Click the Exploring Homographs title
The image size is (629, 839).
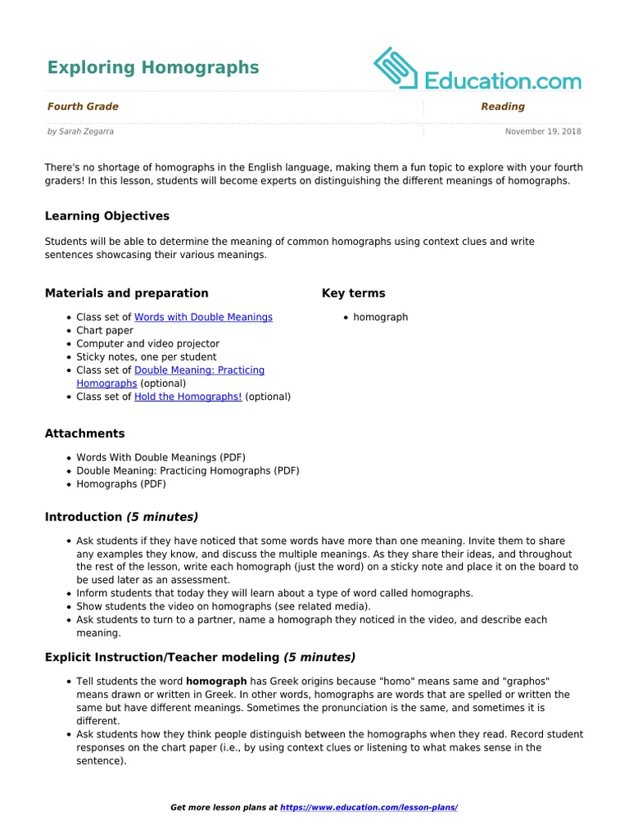152,67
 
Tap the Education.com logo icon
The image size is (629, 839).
396,68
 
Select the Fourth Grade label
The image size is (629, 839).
83,107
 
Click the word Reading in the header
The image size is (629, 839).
502,107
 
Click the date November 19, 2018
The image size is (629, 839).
542,131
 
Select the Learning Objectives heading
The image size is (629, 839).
107,216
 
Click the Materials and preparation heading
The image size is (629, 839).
126,293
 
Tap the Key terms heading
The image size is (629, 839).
353,293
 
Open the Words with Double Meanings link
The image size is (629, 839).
203,317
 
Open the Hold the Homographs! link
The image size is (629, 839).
188,397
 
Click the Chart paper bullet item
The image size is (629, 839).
105,330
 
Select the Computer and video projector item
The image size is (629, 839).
147,343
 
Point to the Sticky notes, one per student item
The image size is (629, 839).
147,357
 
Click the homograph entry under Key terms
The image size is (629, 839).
380,317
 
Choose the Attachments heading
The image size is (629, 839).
85,433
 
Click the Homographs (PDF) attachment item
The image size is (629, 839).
121,484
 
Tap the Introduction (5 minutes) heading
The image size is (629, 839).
121,517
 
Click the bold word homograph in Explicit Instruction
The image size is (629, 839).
216,682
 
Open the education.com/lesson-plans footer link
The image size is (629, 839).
369,808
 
